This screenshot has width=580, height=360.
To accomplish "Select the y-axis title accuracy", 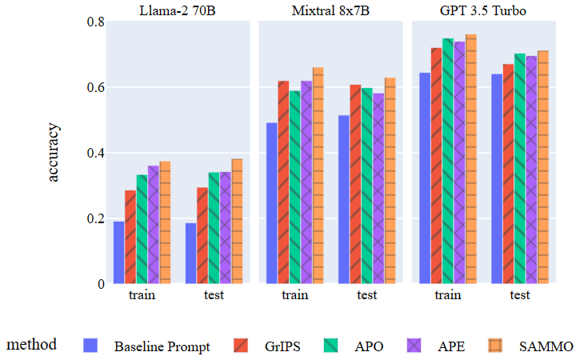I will click(54, 153).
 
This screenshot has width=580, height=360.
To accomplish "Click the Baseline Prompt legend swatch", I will click(91, 346).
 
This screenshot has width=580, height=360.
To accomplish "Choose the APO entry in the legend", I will click(369, 346).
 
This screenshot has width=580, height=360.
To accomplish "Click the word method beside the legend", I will click(32, 345).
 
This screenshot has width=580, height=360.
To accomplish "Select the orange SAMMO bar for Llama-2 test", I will click(237, 221).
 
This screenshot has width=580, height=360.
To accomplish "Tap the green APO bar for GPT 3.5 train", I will click(448, 161).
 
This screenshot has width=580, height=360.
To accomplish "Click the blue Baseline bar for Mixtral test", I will click(344, 199).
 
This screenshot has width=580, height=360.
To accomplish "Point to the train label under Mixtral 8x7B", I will click(295, 295).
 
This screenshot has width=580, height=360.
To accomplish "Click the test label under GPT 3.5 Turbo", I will click(520, 295).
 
